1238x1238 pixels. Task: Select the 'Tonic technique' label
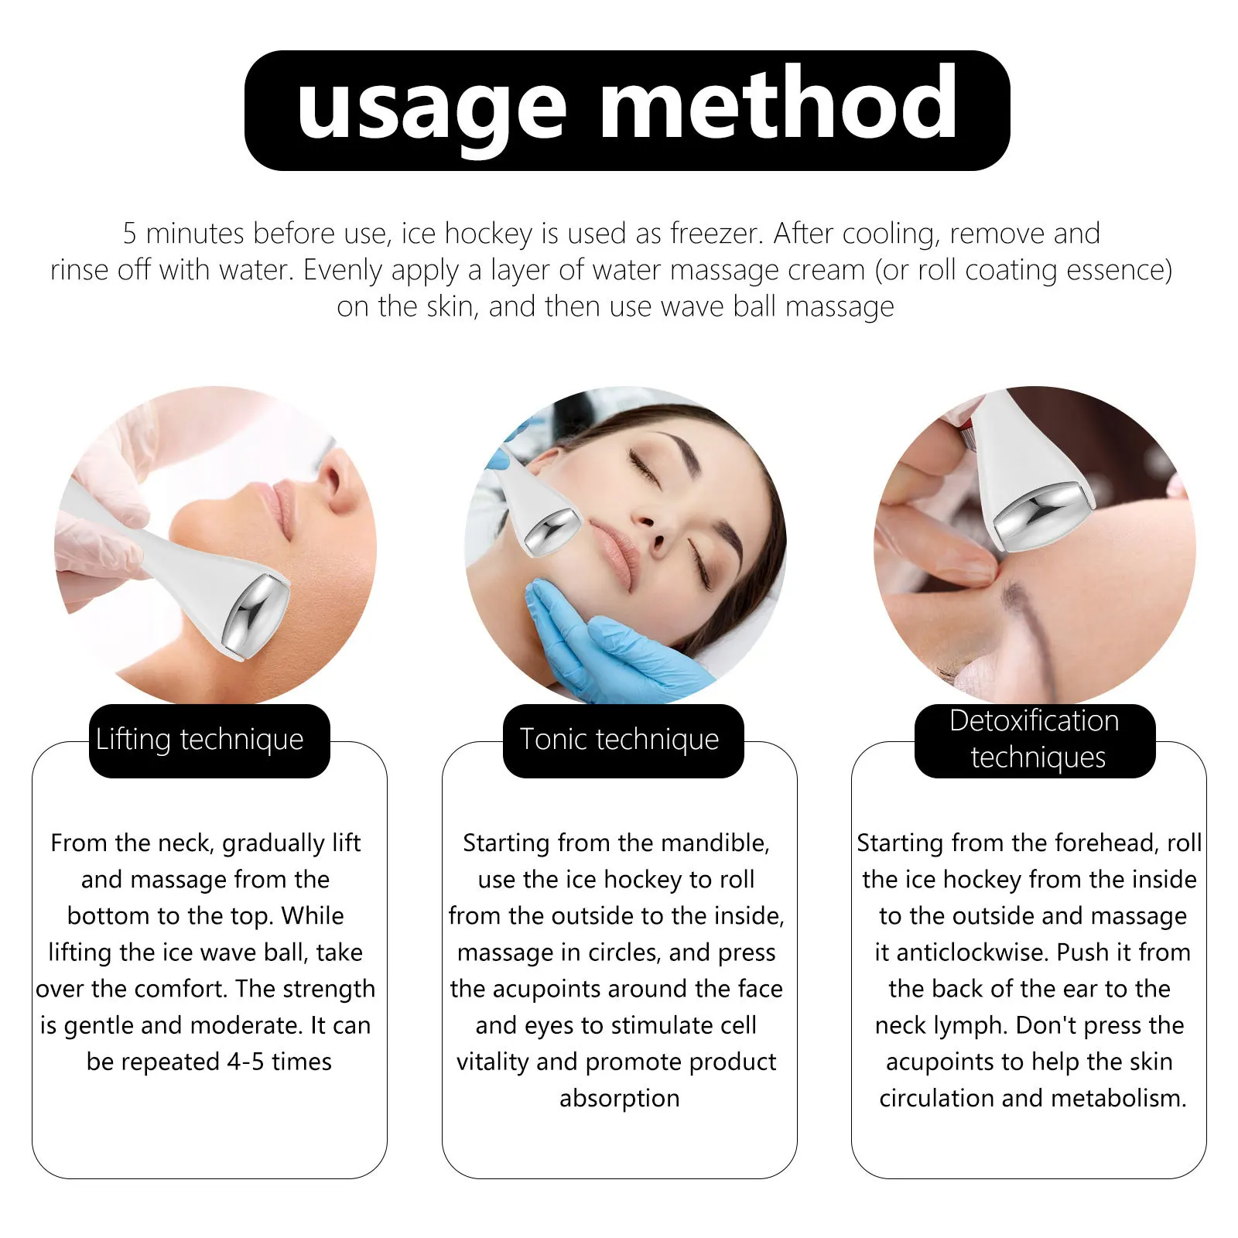[619, 740]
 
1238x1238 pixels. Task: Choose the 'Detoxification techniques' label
[1035, 740]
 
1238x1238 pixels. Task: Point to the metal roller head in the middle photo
[552, 531]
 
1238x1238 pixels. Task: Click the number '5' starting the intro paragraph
[129, 234]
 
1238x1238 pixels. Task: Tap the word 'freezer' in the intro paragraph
[715, 234]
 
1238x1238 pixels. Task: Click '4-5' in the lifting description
[245, 1062]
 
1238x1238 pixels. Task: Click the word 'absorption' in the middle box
[619, 1099]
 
